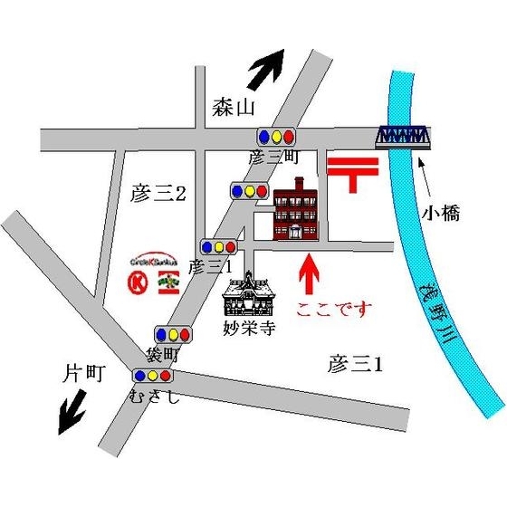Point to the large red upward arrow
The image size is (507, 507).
coord(311,275)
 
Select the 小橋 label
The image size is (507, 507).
coord(441,215)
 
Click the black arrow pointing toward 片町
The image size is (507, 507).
coord(72,414)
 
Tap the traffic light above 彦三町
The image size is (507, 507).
coord(276,137)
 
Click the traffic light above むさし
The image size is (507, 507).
coord(152,375)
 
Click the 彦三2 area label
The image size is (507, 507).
coord(158,192)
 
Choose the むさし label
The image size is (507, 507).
coord(155,395)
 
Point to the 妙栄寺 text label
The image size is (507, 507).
coord(247,330)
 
